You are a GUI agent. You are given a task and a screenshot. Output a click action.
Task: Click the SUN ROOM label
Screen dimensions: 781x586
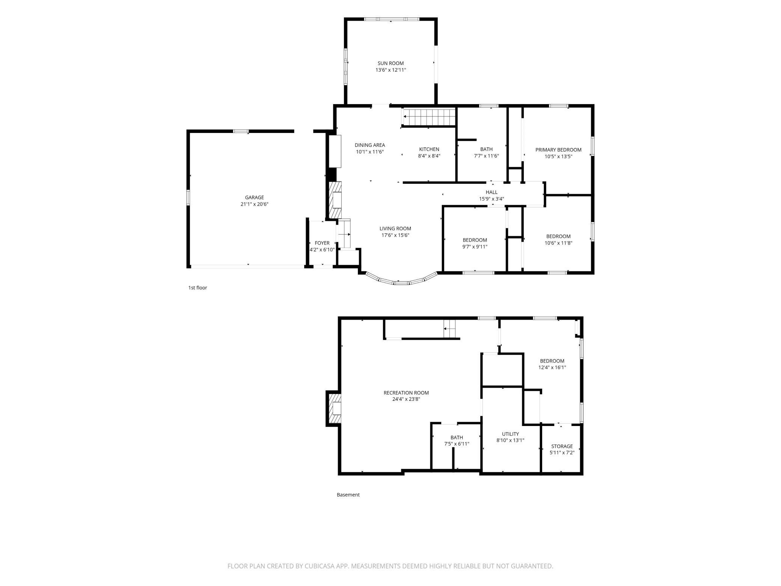click(390, 63)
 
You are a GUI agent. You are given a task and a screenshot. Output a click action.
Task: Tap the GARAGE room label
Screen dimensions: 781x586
click(255, 197)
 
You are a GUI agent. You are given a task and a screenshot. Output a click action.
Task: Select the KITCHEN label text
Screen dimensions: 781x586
click(429, 149)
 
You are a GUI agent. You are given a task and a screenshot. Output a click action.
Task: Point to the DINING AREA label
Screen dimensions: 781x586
click(370, 145)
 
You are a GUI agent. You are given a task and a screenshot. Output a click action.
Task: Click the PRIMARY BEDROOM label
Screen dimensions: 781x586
click(558, 150)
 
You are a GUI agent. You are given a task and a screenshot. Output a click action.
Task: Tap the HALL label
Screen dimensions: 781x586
click(492, 192)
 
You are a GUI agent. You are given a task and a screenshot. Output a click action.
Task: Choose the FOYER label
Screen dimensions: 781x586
click(322, 243)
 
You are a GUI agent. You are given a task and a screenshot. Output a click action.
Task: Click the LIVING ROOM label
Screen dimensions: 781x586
click(395, 228)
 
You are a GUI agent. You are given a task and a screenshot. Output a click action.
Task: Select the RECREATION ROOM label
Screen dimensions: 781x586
click(406, 393)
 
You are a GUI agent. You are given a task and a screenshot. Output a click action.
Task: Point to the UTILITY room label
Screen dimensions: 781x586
click(510, 434)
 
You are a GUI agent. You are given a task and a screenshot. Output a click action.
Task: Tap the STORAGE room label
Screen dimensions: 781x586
click(562, 446)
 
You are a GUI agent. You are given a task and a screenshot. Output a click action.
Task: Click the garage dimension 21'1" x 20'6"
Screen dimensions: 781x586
click(255, 204)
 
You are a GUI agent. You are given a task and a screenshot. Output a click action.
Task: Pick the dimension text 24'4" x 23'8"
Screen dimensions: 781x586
click(406, 399)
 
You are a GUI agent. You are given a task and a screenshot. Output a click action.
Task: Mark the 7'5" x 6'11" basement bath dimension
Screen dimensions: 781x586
click(457, 444)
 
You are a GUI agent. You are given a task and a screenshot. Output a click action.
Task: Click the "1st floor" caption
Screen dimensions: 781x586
click(198, 288)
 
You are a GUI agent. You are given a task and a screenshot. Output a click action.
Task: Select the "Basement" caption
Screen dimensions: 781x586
click(348, 495)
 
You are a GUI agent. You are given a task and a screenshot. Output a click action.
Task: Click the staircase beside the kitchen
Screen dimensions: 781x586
click(429, 117)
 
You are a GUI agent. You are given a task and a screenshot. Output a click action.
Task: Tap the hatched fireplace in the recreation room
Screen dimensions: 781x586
click(334, 408)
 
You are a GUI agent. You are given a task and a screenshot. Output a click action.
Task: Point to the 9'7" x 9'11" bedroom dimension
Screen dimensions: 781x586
click(475, 247)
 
